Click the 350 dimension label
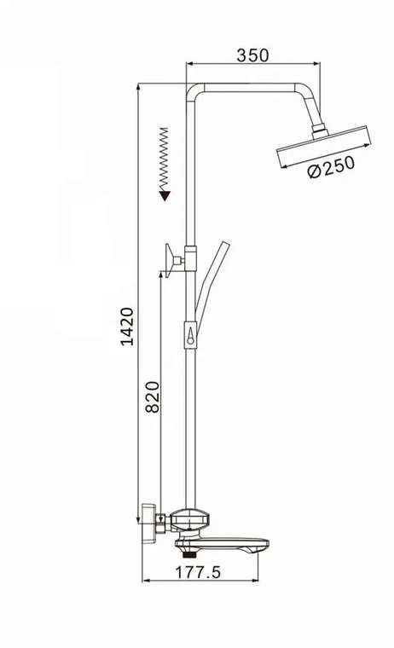(x=252, y=55)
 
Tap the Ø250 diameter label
(x=331, y=166)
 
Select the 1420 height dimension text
(x=127, y=327)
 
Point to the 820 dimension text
(x=153, y=397)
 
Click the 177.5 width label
(x=198, y=572)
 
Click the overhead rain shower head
(x=324, y=147)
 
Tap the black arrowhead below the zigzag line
(x=165, y=195)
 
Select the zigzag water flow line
(x=165, y=159)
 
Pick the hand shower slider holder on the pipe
(x=190, y=336)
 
